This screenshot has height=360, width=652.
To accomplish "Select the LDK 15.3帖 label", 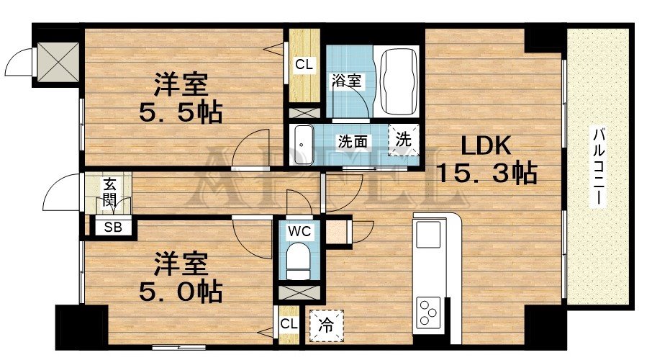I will coord(486,160).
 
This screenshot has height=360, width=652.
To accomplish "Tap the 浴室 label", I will coord(346,81).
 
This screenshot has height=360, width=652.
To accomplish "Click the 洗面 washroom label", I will coord(353,140).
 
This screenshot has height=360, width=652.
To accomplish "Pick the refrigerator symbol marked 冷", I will coord(326,324).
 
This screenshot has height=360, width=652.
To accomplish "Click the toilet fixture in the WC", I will coord(296,261).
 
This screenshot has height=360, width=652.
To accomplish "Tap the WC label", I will coord(298,232).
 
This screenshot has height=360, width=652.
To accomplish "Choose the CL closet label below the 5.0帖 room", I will coord(289,323).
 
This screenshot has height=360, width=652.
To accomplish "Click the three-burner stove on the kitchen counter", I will coord(429,314).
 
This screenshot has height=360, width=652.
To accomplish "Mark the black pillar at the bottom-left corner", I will coord(81,326).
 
